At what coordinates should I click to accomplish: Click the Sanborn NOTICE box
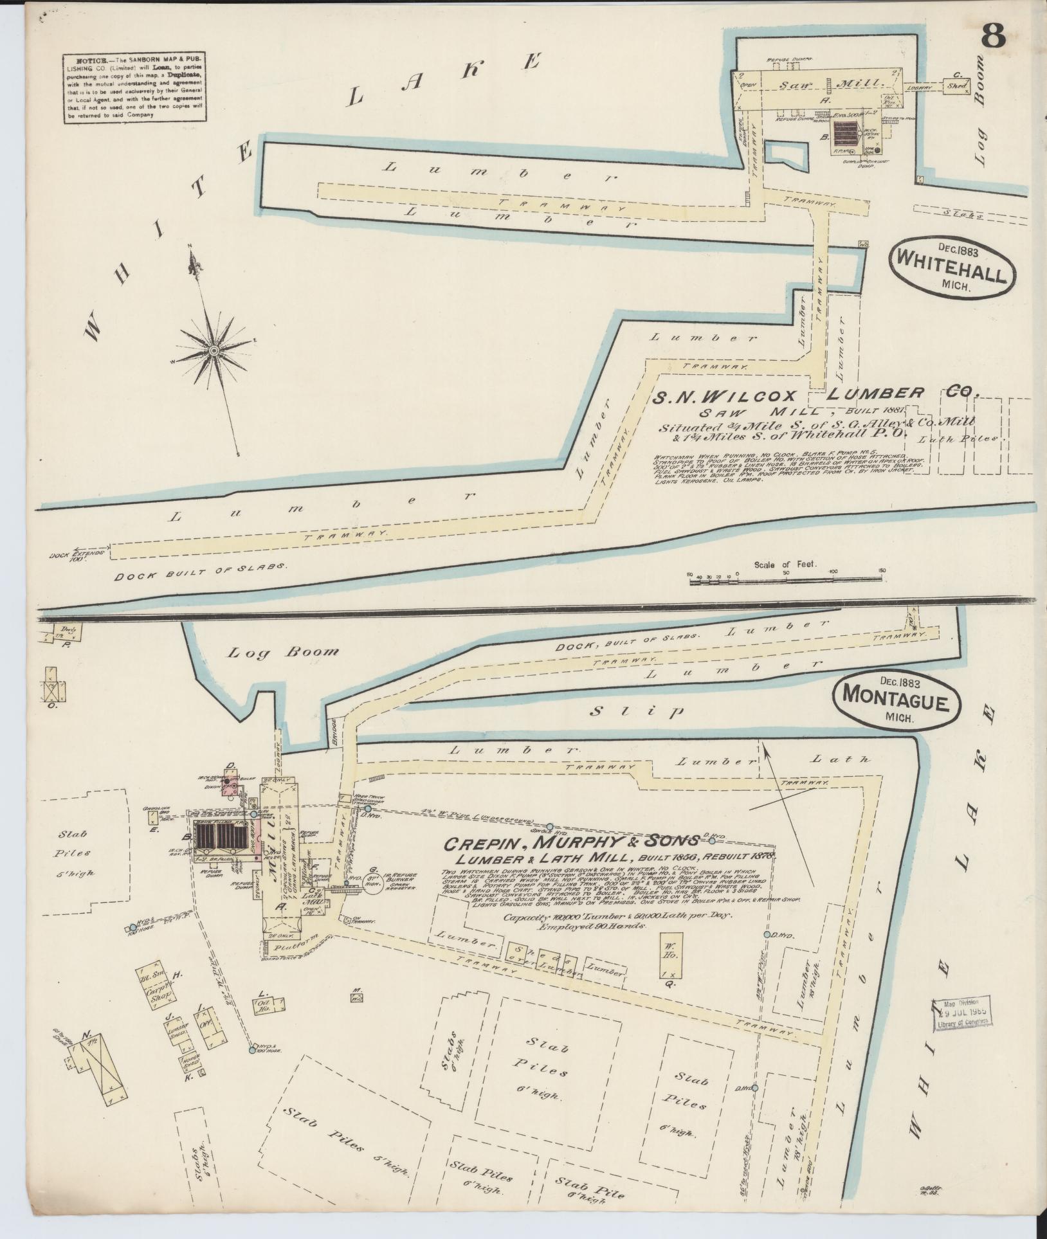coord(135,88)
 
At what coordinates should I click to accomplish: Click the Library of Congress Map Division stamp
coord(961,1015)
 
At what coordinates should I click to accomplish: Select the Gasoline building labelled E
coord(152,818)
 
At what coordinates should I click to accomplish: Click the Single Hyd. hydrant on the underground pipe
coord(551,826)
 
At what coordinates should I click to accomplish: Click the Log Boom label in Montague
coord(283,652)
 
